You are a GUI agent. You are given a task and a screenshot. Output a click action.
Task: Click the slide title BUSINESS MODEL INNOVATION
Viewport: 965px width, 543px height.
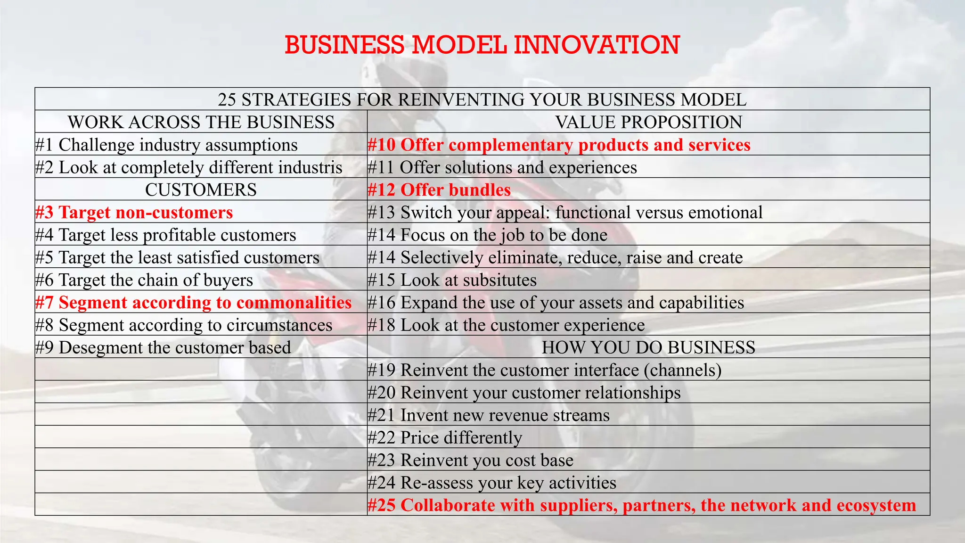(x=482, y=45)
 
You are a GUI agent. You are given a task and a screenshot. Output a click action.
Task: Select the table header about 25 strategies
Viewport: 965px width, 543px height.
(x=482, y=99)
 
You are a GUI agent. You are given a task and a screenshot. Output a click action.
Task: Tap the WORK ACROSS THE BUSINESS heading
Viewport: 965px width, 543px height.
(x=201, y=122)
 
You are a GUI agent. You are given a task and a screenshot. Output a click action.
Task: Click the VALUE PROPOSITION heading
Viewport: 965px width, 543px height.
(x=648, y=122)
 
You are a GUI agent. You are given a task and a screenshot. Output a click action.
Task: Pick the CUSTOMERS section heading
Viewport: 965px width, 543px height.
(x=201, y=189)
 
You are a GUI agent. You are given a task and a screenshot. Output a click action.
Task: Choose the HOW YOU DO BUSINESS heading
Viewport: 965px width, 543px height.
(x=648, y=347)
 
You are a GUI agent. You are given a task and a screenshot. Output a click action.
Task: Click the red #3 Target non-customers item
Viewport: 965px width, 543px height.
(x=134, y=212)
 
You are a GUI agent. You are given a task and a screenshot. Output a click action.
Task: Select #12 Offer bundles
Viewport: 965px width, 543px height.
(x=439, y=189)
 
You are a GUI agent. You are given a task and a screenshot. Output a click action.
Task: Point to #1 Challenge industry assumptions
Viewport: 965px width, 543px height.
(x=166, y=145)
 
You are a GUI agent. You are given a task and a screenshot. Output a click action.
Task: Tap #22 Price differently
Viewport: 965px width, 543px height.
(x=445, y=437)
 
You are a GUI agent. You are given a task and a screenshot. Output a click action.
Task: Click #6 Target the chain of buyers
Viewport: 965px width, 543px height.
(x=144, y=280)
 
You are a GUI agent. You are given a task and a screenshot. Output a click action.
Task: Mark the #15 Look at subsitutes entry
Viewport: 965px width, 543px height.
(x=452, y=280)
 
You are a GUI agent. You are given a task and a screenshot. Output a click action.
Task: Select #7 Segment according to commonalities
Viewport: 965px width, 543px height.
(x=194, y=303)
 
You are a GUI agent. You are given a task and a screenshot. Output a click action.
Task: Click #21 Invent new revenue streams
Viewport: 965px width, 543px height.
(x=489, y=415)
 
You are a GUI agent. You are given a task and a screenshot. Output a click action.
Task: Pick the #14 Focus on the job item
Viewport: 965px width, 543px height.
(x=487, y=235)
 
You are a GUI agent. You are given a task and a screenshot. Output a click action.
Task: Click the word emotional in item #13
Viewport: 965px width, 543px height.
(x=725, y=212)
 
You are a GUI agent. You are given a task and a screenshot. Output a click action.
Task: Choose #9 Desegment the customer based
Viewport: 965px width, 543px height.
(x=163, y=347)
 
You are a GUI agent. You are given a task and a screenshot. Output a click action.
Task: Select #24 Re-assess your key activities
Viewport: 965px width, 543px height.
(x=492, y=483)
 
